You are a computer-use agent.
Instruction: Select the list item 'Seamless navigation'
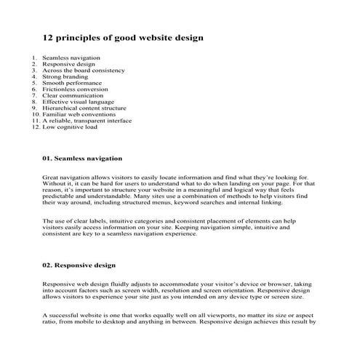pyautogui.click(x=71, y=57)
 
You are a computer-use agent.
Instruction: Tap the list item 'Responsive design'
pyautogui.click(x=68, y=64)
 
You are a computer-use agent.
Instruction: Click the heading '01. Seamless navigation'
pyautogui.click(x=81, y=158)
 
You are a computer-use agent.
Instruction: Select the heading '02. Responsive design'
pyautogui.click(x=79, y=265)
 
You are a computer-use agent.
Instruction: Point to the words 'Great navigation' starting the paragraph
pyautogui.click(x=64, y=177)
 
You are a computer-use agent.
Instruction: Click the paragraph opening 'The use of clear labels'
pyautogui.click(x=76, y=220)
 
